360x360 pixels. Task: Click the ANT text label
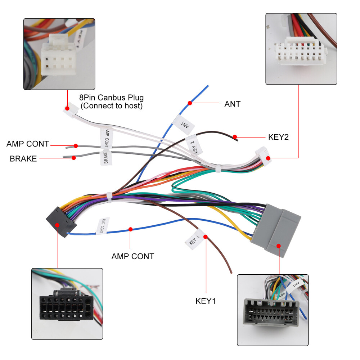click(232, 104)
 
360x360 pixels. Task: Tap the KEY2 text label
click(278, 137)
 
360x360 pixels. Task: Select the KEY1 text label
click(206, 301)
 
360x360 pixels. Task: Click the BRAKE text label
click(23, 158)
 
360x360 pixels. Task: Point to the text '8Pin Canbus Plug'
click(111, 98)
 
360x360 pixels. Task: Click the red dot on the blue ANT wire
click(189, 103)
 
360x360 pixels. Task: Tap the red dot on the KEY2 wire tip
click(235, 137)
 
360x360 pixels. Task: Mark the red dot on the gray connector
click(278, 246)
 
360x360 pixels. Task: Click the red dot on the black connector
click(58, 224)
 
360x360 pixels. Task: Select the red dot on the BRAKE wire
click(73, 157)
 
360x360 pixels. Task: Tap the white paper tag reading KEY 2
click(193, 145)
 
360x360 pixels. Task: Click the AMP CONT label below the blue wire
click(132, 256)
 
